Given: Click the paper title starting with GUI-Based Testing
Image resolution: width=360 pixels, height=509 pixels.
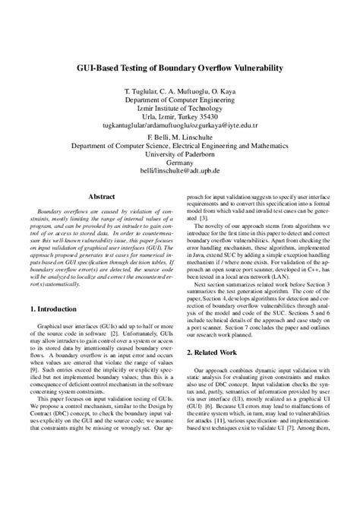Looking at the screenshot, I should [180, 68].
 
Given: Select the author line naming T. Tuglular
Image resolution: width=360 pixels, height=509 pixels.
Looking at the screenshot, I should [180, 90].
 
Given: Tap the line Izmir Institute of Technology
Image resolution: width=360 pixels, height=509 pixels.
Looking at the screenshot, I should [180, 109].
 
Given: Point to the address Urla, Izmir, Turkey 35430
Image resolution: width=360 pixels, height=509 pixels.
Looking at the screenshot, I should [180, 118].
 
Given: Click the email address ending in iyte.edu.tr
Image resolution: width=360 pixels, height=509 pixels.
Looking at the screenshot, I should [180, 127].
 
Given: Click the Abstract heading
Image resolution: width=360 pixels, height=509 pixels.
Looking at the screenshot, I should [102, 196].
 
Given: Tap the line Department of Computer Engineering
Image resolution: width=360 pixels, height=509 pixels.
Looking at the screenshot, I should [180, 100].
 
